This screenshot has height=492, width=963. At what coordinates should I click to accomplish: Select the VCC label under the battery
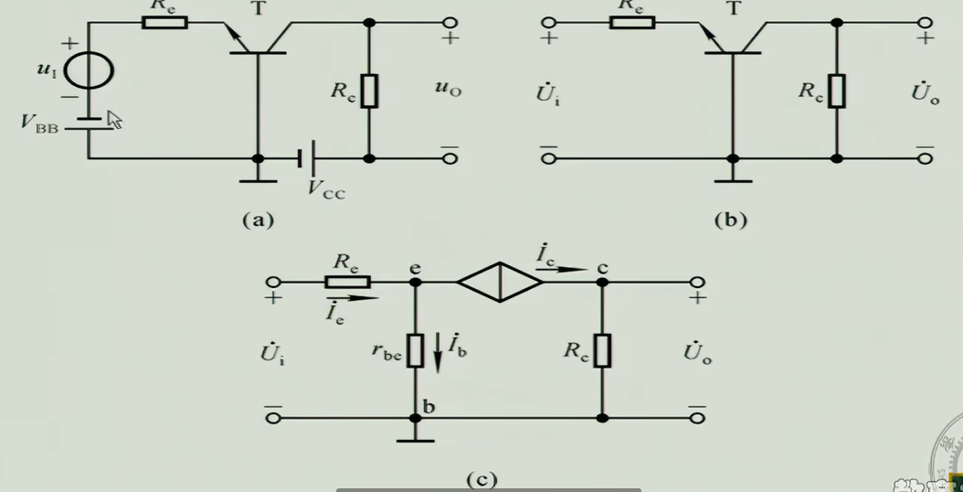(326, 190)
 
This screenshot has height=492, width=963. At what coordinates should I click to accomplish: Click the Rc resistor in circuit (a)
(369, 91)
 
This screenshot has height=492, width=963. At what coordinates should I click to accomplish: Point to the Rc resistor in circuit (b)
(836, 91)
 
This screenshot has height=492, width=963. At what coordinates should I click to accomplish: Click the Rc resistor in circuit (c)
(602, 350)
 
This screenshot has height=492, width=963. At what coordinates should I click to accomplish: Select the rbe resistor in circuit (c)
(416, 350)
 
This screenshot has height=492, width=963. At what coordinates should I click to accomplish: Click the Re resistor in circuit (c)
(347, 282)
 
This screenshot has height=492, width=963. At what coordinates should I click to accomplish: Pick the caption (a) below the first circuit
(258, 219)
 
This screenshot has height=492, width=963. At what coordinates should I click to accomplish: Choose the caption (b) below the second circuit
(731, 219)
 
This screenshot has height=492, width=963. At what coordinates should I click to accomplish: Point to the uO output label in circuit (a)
(449, 88)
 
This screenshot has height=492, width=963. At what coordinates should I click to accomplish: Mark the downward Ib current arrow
(437, 351)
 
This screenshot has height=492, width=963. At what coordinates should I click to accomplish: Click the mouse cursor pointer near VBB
(114, 119)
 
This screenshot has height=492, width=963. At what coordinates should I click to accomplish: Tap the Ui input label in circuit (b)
(550, 93)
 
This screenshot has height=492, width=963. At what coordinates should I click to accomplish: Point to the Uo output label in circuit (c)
(696, 353)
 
